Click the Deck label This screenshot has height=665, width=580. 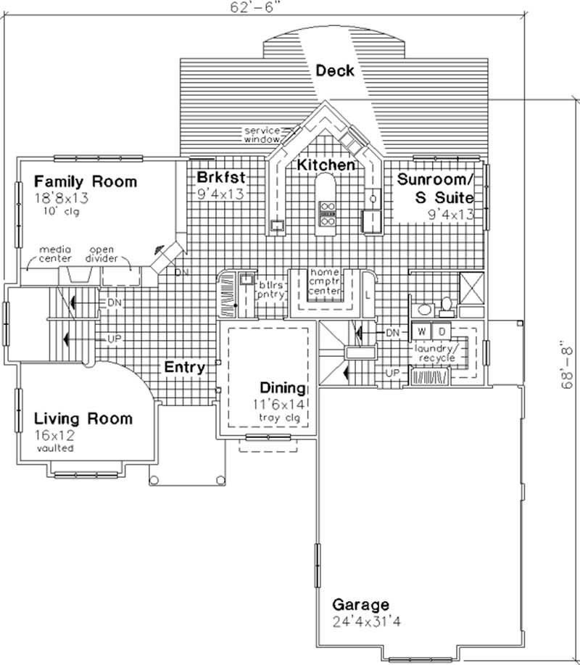[x=334, y=70]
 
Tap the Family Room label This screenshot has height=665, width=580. [x=85, y=181]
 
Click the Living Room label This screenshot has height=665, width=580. [x=83, y=418]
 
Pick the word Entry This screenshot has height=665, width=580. [x=184, y=368]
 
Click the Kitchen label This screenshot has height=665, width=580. [x=326, y=165]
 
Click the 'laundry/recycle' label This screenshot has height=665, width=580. [x=435, y=354]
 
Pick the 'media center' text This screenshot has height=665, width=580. [x=59, y=253]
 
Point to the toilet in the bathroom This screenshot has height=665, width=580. [x=447, y=305]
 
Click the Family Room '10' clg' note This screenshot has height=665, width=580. [x=61, y=212]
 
